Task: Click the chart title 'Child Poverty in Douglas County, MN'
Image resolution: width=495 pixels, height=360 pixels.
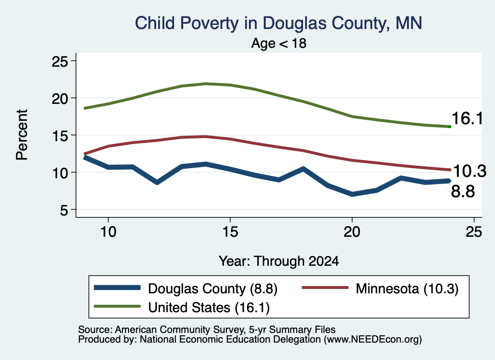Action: point(278,23)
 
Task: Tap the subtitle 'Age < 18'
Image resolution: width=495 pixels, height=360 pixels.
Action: point(279,43)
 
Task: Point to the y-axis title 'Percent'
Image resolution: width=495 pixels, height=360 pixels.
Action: point(22,135)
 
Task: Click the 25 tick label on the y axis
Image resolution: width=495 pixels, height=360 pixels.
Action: point(60,61)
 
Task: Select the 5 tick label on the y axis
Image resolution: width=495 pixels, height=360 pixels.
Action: point(64,210)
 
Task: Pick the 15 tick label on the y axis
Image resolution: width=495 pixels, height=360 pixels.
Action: point(60,135)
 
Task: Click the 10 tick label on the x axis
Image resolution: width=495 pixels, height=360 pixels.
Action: point(108,232)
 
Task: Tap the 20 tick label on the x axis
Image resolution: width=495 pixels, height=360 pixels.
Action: point(352,232)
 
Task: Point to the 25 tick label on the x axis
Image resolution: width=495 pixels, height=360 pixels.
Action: point(474,232)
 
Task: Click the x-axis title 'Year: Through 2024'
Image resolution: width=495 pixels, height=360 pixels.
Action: point(279,261)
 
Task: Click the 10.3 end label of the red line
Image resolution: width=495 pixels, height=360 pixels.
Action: point(469,172)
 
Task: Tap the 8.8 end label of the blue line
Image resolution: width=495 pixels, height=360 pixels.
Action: point(463,191)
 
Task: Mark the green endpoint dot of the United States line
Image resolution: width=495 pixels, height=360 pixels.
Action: point(450,127)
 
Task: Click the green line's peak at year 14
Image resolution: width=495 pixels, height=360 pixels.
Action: point(206,84)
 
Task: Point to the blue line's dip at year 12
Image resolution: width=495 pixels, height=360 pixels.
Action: point(157,182)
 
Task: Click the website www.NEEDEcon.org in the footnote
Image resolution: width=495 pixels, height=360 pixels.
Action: point(373,340)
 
